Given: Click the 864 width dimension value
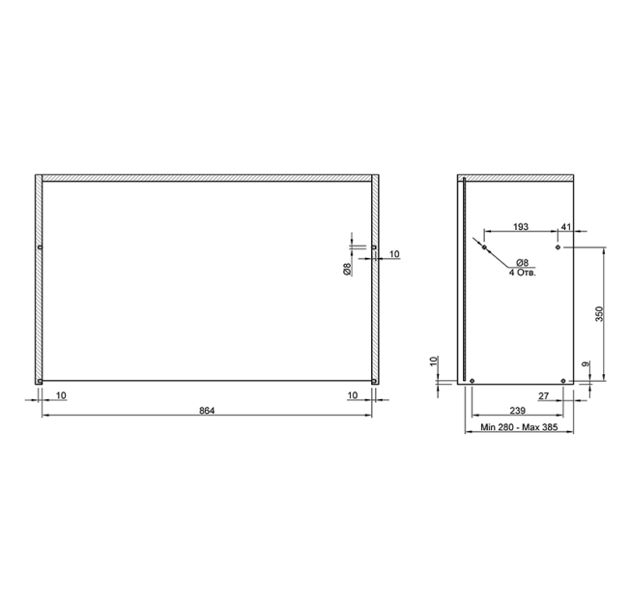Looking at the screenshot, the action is pyautogui.click(x=207, y=411).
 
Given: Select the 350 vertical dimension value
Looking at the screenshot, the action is pyautogui.click(x=599, y=314).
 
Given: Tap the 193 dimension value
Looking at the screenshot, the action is pyautogui.click(x=521, y=227).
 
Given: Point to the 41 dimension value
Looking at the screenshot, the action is pyautogui.click(x=565, y=227).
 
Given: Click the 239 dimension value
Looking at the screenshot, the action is pyautogui.click(x=518, y=411).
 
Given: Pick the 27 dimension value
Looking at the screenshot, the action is pyautogui.click(x=544, y=396).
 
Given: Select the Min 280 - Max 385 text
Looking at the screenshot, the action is pyautogui.click(x=519, y=427).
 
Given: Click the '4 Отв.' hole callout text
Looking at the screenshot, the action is pyautogui.click(x=523, y=273).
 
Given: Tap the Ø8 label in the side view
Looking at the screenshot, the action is pyautogui.click(x=522, y=263).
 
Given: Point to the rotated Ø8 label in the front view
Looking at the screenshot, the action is pyautogui.click(x=347, y=269).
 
